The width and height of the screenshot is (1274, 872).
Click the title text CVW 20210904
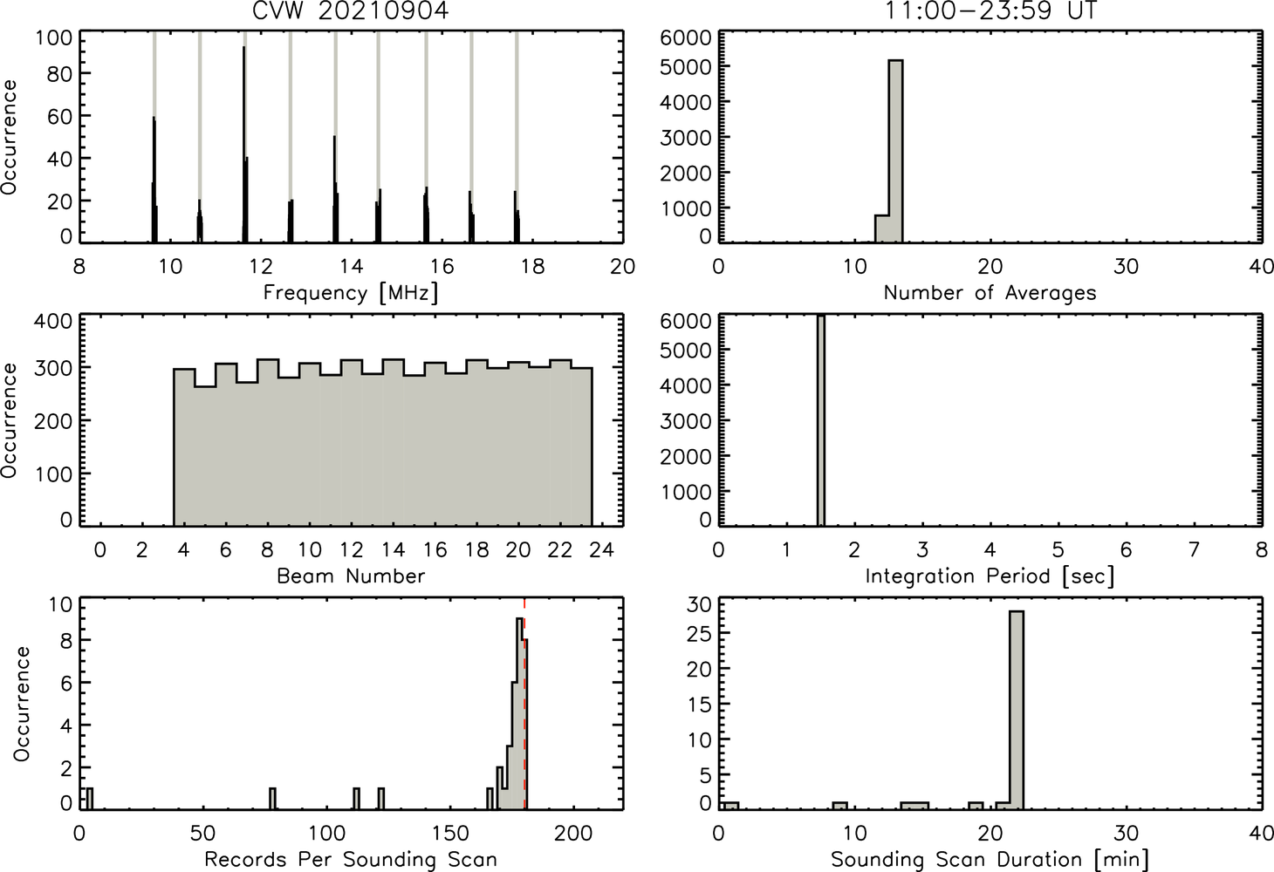coord(351,10)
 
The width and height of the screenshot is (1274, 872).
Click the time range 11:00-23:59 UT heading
coord(990,10)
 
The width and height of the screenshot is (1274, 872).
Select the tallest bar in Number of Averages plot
coord(895,151)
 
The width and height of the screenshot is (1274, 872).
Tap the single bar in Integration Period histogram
coord(821,420)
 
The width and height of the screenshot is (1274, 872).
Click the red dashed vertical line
coord(524,703)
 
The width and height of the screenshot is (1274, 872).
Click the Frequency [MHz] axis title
coord(351,293)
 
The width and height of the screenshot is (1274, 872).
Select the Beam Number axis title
coord(351,576)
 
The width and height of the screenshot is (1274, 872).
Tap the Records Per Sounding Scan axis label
coord(351,859)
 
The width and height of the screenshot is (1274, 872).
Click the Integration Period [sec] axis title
coord(990,576)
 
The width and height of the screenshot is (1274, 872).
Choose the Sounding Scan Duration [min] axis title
coord(990,860)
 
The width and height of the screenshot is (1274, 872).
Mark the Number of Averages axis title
coord(990,293)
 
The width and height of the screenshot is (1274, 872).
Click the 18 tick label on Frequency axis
coord(532,266)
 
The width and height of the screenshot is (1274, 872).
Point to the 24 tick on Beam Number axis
coord(602,549)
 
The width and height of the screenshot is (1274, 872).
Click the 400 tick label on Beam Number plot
coord(53,321)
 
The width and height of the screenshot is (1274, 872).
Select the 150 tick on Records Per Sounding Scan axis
coord(450,833)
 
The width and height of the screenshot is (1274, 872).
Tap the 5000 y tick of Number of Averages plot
coord(686,67)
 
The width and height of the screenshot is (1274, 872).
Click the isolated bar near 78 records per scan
coord(272,799)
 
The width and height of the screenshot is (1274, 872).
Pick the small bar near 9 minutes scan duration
coord(839,806)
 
